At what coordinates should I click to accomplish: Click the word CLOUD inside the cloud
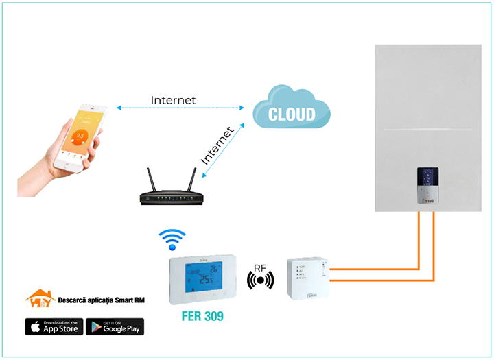point(292,115)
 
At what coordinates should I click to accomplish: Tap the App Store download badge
point(54,327)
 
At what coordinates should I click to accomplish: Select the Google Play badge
point(115,327)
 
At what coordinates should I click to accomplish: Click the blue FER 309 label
point(202,317)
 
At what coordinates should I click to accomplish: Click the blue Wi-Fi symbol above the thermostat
point(173,240)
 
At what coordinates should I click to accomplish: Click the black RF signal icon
point(260,280)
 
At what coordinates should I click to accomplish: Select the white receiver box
point(308,277)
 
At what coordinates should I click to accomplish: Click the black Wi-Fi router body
point(171,199)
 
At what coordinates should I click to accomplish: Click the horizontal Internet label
point(173,100)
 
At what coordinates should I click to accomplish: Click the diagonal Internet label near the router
point(217,145)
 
